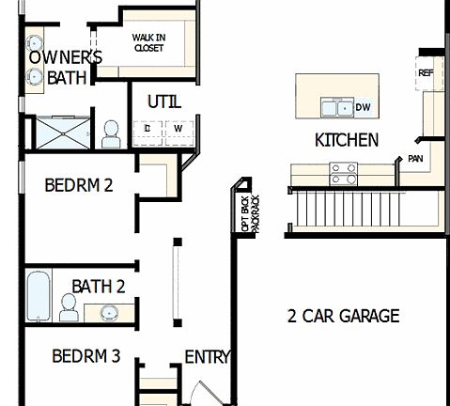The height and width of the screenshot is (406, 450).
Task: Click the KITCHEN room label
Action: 346,140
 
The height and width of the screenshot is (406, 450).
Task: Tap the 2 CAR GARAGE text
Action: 343,316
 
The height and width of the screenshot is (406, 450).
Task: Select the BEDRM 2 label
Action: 79,185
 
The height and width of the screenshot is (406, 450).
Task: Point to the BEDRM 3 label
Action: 85,356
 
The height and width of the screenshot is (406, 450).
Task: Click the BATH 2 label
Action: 99,285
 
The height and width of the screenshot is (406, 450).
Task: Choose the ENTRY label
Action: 207,357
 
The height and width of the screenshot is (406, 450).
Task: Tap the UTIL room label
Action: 164,101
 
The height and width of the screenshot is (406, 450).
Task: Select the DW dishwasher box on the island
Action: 362,108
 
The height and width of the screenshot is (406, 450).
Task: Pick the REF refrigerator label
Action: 425,72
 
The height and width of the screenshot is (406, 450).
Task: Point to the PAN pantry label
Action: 414,158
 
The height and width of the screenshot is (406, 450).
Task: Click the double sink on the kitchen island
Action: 334,108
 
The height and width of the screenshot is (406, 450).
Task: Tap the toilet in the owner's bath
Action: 110,133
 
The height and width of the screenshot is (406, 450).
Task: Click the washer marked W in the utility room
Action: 176,128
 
